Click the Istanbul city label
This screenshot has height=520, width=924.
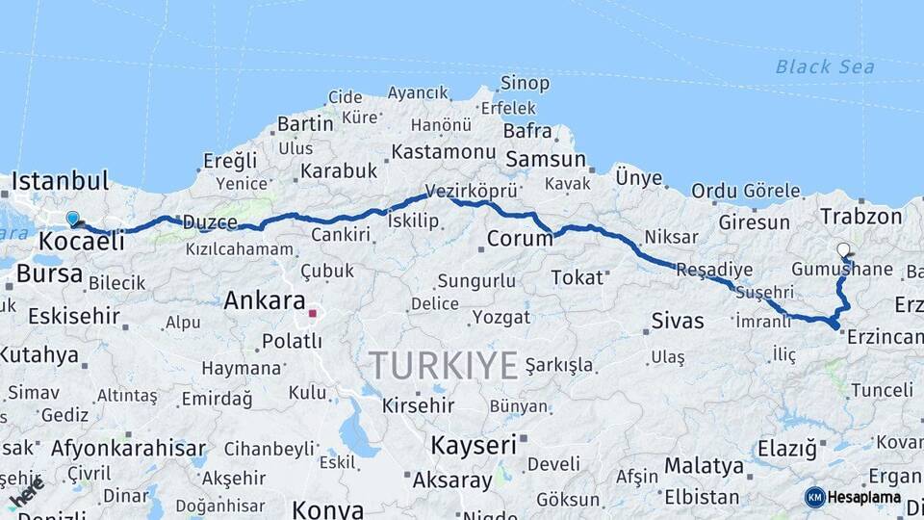click(x=59, y=180)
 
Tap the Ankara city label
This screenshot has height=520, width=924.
click(x=265, y=300)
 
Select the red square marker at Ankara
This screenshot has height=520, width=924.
click(x=312, y=313)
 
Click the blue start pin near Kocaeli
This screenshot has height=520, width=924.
click(x=72, y=219)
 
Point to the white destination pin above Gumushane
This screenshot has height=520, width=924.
click(x=843, y=250)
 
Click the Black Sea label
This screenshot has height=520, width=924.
click(x=825, y=66)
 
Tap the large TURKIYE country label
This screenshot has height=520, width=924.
click(x=444, y=366)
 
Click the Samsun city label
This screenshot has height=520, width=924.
click(x=545, y=160)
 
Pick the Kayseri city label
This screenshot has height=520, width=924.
click(x=474, y=445)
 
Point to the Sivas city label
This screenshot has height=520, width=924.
click(x=678, y=321)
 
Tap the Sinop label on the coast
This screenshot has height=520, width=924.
click(x=526, y=84)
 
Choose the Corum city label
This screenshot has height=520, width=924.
click(x=518, y=238)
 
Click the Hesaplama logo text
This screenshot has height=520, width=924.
click(x=864, y=498)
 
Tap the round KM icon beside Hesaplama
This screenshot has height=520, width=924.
click(x=814, y=497)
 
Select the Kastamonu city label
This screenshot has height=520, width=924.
click(x=444, y=152)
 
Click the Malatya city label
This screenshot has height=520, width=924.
click(x=704, y=467)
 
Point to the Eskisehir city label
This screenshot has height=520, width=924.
click(x=74, y=316)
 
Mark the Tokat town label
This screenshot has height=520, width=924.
click(x=575, y=277)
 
